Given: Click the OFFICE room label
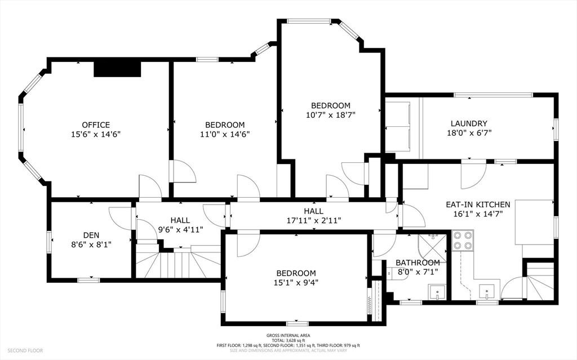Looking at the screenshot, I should point(96,125).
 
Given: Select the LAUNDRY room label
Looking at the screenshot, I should point(469,123).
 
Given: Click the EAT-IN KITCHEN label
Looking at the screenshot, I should point(477,205).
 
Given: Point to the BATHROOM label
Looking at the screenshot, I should point(418,263).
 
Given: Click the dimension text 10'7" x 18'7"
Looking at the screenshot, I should point(331,115).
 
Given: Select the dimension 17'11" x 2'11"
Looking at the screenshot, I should point(313,220).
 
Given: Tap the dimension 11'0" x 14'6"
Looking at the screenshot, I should point(225,134).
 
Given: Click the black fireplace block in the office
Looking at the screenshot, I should point(117,68).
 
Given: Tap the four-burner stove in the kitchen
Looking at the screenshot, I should point(463,241).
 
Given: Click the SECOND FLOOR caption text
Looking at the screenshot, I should point(24,351).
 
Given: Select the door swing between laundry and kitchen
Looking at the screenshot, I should point(472,175).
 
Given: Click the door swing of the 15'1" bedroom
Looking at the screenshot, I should point(247,243).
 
